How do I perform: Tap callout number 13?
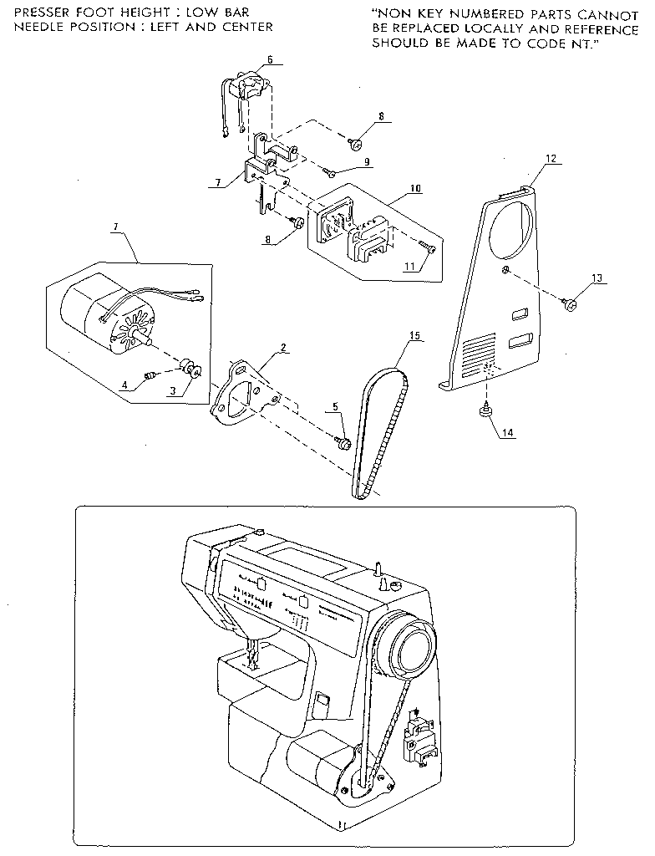coord(597,277)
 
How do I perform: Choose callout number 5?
coord(335,407)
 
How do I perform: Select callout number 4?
coord(124,385)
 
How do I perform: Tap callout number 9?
coord(366,160)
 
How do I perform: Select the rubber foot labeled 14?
coord(484,411)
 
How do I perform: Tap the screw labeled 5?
coord(343,441)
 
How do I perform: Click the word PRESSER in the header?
coord(41,13)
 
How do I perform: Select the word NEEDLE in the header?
coord(34,27)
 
